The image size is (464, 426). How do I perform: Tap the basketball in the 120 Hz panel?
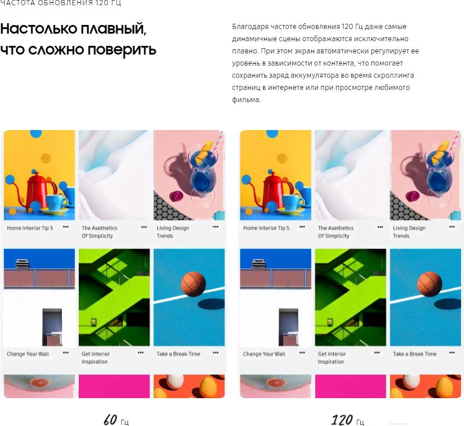pos(429,284)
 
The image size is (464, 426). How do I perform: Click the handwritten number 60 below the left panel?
pos(111,420)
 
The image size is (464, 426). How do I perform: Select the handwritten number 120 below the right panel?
pos(342,420)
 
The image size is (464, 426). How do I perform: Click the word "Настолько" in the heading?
pos(39,29)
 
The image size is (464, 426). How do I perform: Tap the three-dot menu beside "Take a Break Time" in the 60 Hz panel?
pos(215,353)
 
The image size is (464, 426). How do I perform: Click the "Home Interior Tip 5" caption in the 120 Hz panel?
pos(266,228)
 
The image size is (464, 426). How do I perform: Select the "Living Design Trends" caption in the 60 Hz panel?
pos(173,232)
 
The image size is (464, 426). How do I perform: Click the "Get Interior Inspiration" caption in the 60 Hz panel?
pos(96,358)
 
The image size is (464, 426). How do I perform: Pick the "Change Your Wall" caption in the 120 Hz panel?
pos(264,354)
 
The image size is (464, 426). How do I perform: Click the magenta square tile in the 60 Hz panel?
pos(114,386)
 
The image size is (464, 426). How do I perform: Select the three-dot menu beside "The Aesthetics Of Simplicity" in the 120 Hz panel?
pos(380,227)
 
